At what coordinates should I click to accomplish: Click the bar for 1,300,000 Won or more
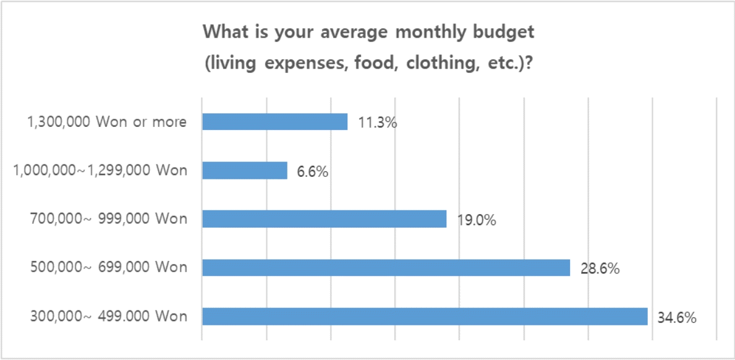coord(275,122)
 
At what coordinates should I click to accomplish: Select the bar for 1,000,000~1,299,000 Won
coord(245,171)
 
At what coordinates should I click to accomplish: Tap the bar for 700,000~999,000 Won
coord(325,219)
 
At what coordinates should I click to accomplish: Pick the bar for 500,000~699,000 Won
coord(386,268)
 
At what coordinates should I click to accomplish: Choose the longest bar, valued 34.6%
coord(425,316)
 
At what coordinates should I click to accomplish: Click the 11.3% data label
coord(377,122)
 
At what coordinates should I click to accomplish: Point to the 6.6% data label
coord(313,171)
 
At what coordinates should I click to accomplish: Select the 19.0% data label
coord(476,220)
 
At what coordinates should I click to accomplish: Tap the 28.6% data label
coord(600,268)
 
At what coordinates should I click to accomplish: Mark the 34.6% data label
coord(677,317)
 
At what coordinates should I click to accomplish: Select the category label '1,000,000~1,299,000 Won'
coord(100,171)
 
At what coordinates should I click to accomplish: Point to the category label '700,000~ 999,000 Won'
coord(108,219)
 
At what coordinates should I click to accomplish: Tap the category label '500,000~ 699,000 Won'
coord(108,268)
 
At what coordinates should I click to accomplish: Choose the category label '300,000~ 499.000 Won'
coord(108,316)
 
